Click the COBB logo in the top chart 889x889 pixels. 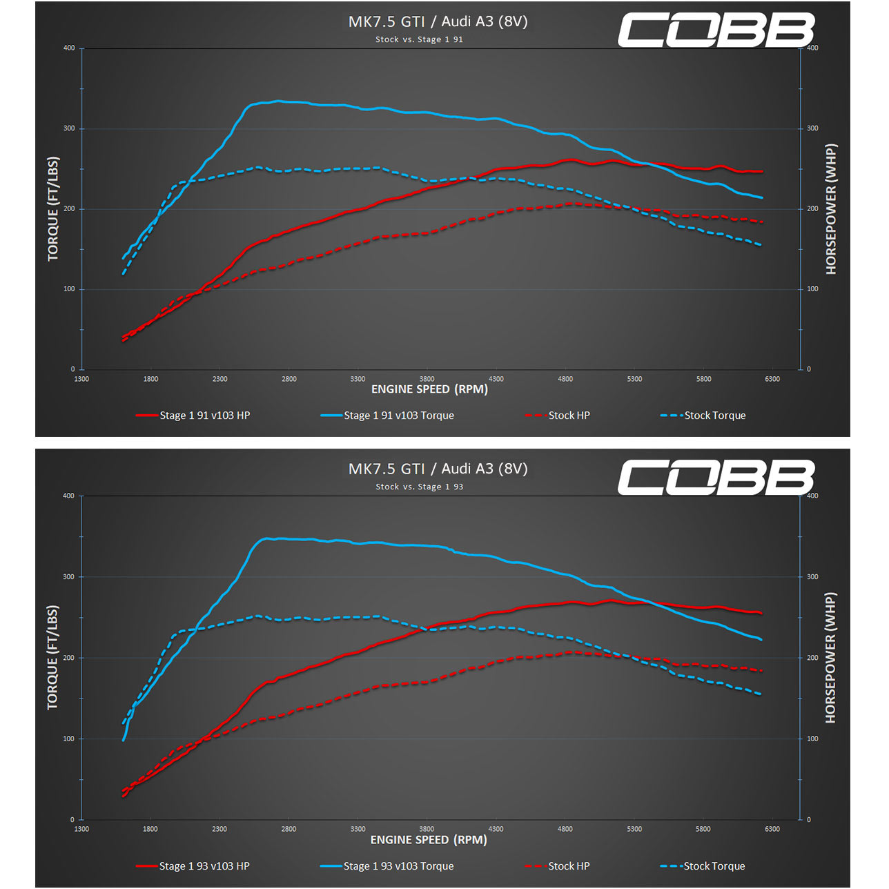[x=716, y=30]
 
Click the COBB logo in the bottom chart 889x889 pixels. [x=716, y=478]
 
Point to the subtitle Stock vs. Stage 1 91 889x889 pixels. [x=419, y=39]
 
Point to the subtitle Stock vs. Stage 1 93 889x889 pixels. [x=419, y=487]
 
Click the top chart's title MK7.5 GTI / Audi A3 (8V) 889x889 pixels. [x=438, y=21]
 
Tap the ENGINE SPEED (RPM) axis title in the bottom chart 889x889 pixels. [x=429, y=840]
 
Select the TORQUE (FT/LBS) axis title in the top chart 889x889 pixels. [x=53, y=209]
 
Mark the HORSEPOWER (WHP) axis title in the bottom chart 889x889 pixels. [x=830, y=657]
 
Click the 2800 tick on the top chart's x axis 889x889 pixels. [x=289, y=379]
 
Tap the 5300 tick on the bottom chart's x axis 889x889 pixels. [x=634, y=829]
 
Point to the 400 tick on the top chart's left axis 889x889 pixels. [x=69, y=48]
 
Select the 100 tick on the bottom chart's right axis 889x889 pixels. [x=812, y=739]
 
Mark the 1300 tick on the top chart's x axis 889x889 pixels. [x=81, y=379]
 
